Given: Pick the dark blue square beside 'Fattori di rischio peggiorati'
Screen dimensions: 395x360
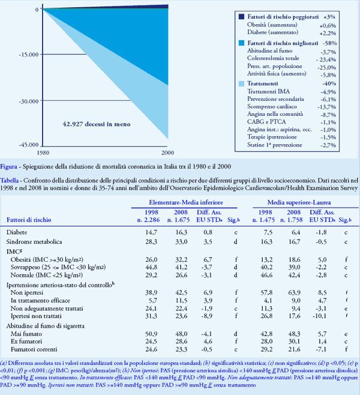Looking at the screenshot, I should pos(242,17).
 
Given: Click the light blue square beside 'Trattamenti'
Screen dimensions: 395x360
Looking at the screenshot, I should pos(242,83).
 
